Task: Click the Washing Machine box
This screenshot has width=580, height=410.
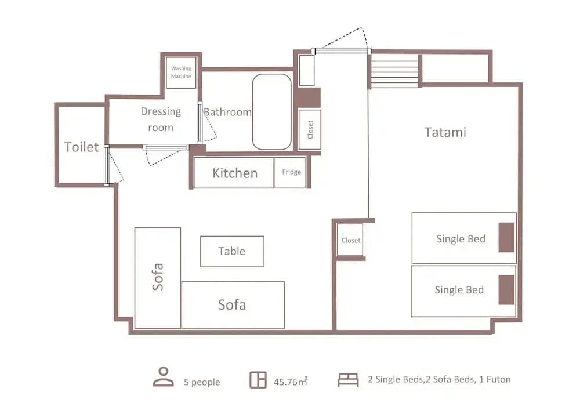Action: (x=181, y=72)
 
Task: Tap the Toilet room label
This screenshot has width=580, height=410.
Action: (x=82, y=147)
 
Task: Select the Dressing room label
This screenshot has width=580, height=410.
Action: (x=161, y=119)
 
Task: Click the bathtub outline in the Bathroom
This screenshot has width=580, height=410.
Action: (x=272, y=112)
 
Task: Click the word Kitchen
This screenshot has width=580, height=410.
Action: (x=235, y=173)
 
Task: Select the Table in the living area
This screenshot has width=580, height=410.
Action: (x=233, y=252)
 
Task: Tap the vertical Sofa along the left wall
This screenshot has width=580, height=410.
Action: (x=158, y=278)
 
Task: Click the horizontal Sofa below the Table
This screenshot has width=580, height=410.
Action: (x=233, y=305)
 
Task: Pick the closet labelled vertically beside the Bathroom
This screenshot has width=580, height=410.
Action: (x=310, y=130)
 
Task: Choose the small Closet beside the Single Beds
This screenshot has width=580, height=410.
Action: (x=350, y=240)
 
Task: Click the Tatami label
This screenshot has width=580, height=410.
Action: (x=445, y=132)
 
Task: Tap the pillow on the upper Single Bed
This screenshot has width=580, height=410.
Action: (x=506, y=237)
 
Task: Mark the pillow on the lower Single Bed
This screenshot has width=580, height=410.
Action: (x=506, y=290)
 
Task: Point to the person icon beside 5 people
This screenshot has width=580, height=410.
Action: (x=164, y=377)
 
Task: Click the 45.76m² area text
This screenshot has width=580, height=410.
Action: (x=291, y=382)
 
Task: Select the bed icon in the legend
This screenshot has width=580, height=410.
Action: (x=348, y=380)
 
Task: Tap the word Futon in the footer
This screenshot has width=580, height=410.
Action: (x=498, y=379)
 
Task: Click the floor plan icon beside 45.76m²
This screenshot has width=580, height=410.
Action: (x=258, y=380)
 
